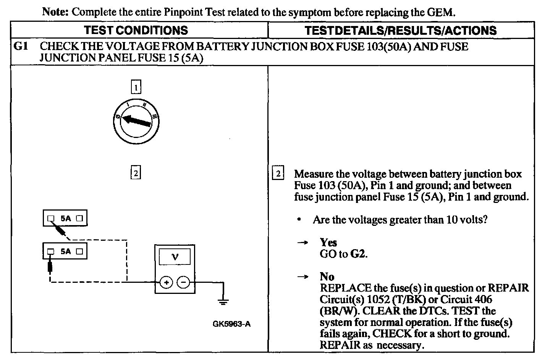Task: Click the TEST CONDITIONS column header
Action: point(136,31)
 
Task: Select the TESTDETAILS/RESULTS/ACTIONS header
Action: point(401,31)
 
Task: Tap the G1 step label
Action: point(20,47)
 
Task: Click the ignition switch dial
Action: point(136,122)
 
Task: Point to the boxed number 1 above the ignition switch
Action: point(136,87)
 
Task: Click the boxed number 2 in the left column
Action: point(136,173)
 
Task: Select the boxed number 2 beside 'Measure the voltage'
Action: point(278,174)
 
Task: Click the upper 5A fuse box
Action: point(65,219)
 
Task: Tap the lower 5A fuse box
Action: point(65,251)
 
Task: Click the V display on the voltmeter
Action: point(175,257)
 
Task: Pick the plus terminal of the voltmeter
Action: point(166,283)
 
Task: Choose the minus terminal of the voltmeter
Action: point(184,283)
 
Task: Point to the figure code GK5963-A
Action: point(231,324)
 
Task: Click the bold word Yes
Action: point(328,242)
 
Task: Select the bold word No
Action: point(327,277)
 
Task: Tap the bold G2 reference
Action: point(358,254)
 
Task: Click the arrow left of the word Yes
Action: point(302,242)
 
